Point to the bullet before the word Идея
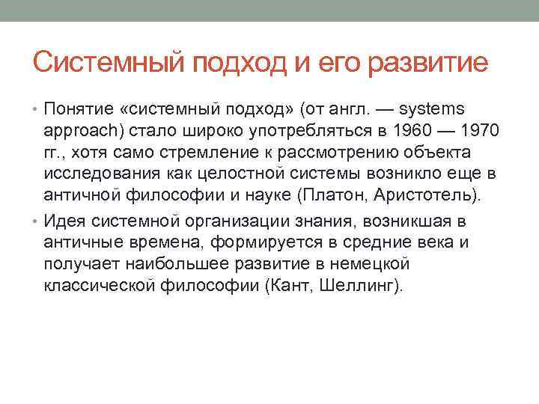(37, 221)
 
